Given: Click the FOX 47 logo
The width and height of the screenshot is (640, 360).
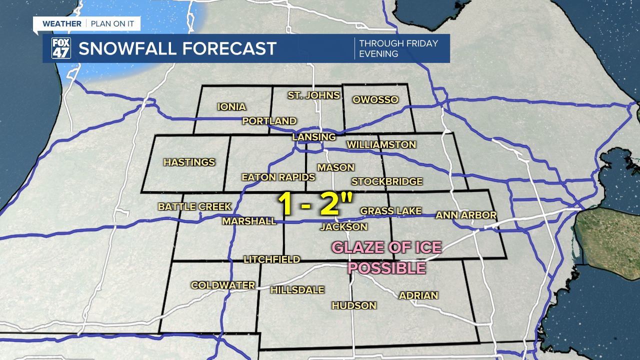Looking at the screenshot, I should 61,48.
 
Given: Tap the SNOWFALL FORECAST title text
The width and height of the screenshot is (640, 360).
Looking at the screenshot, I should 177,48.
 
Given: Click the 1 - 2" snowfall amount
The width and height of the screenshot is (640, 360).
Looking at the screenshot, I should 315,204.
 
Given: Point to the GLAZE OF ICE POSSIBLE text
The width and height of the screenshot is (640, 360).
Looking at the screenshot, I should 387,257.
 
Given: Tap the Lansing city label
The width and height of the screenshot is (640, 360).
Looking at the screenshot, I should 314,137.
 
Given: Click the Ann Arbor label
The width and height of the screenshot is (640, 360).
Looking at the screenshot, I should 466,215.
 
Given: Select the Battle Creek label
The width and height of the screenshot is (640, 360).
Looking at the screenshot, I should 194,206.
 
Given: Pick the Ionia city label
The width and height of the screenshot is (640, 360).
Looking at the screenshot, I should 231,106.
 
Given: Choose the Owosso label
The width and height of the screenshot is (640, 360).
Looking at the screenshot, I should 375,99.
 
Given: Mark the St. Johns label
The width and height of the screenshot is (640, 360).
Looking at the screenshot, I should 313,95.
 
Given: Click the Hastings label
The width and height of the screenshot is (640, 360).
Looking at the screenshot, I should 189,162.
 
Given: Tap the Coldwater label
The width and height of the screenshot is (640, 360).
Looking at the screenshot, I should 223,285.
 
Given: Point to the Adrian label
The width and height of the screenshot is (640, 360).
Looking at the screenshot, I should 418,295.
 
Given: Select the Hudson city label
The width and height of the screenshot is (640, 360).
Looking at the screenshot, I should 354,305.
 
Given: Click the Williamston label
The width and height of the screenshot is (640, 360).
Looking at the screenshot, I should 381,144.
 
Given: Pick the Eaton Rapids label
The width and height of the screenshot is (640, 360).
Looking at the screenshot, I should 278,177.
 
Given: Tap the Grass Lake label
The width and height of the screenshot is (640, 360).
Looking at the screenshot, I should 391,211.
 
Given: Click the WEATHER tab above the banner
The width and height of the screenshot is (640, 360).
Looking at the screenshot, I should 61,23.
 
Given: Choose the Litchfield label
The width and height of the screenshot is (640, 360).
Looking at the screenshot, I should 271,259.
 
